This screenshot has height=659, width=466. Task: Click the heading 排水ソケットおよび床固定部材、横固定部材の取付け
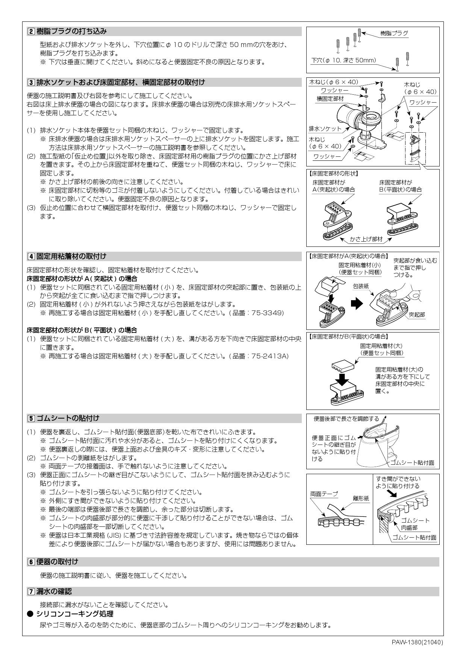pos(121,82)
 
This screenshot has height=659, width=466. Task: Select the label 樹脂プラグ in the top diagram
pos(394,33)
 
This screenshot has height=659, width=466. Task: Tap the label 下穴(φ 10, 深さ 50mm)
pos(343,60)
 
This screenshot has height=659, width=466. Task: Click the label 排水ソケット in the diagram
pos(325,128)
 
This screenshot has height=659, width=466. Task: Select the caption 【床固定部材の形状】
pos(333,174)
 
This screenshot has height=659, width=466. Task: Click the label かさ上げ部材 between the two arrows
pos(366,239)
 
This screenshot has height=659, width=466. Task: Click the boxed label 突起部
pos(417,314)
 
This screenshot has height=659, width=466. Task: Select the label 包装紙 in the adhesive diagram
pos(361,286)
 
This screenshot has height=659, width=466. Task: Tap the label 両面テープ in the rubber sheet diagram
pos(324,494)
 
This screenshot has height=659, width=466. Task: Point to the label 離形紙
pos(361,498)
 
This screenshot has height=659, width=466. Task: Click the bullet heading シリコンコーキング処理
pos(74,614)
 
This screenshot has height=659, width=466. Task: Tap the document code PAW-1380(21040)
pos(417,642)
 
